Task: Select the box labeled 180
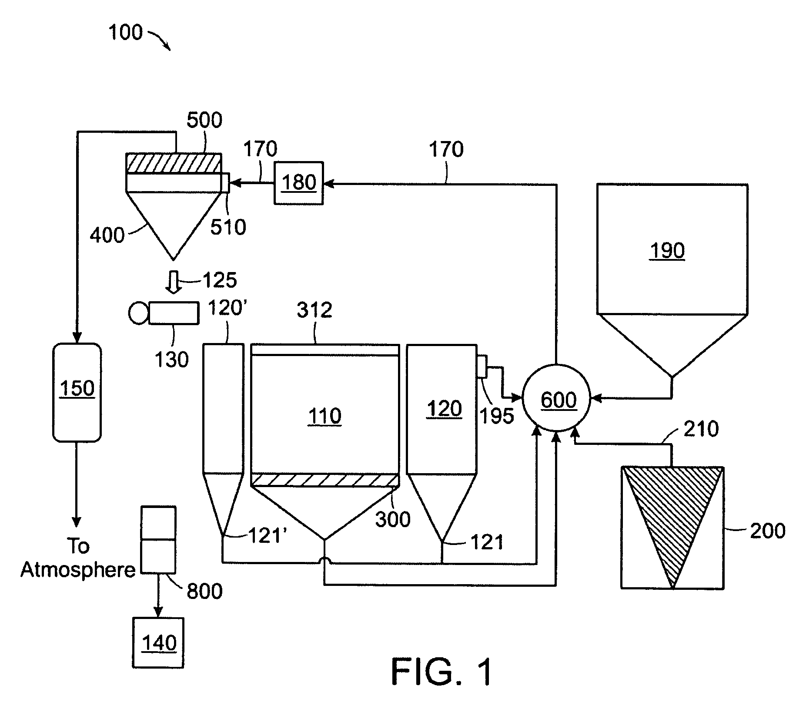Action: point(298,183)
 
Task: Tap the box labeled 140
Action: point(158,643)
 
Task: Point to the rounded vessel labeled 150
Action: point(77,392)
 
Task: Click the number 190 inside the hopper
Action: point(667,251)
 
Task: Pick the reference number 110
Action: point(324,416)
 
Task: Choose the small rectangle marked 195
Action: point(482,366)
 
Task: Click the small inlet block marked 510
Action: point(225,182)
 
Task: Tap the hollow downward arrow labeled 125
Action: point(174,282)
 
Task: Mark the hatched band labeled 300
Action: point(325,480)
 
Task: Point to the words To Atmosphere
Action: point(78,558)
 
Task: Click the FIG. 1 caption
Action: point(442,672)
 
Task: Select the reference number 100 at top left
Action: point(125,33)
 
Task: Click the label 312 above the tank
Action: point(314,310)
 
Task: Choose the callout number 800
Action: point(204,591)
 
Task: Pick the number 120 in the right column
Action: point(444,409)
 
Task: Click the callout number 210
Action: point(701,429)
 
